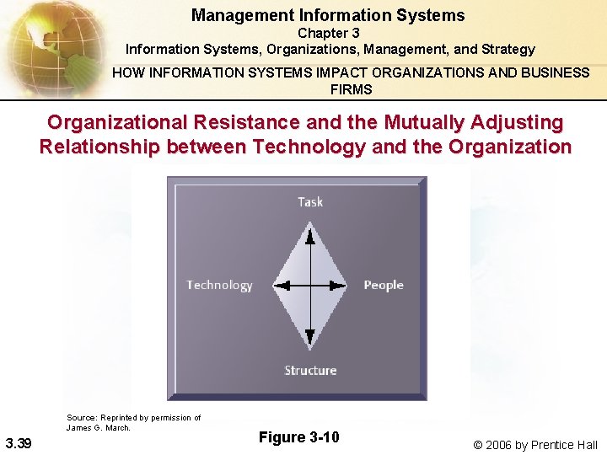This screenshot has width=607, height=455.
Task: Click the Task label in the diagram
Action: (x=310, y=201)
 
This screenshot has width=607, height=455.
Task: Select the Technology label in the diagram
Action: (x=219, y=285)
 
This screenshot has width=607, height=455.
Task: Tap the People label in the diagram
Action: (x=384, y=285)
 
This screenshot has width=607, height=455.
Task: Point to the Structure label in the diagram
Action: (x=310, y=370)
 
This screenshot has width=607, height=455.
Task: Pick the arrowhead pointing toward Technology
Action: (x=281, y=285)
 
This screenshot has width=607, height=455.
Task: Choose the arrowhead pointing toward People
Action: (x=341, y=285)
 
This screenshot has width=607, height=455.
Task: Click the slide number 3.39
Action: (x=19, y=443)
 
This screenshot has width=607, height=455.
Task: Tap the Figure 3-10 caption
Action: (x=298, y=436)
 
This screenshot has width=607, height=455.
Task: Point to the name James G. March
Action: (x=98, y=427)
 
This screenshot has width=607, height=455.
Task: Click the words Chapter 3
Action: (x=328, y=34)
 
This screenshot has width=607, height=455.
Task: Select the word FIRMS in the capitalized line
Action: (x=352, y=88)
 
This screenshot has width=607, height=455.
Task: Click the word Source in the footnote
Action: (x=81, y=418)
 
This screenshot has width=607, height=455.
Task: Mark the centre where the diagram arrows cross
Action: (x=310, y=285)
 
